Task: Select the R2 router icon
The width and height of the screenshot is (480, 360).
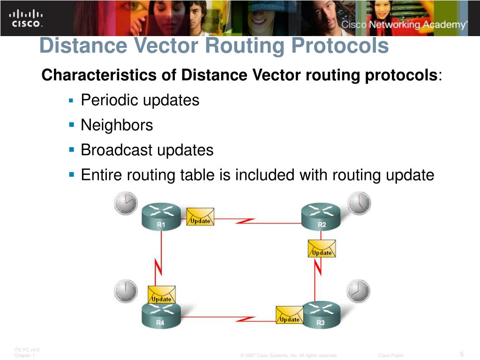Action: (x=322, y=216)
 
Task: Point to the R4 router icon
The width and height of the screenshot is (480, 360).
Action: (x=161, y=315)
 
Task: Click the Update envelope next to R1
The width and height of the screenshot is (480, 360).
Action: (x=200, y=217)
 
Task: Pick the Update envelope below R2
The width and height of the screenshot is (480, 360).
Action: (x=322, y=248)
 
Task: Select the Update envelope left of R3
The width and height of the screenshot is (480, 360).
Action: (x=289, y=315)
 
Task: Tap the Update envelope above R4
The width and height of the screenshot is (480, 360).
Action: (x=161, y=294)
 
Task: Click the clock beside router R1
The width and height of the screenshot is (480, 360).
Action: (x=126, y=203)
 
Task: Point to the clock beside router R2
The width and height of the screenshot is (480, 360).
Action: (x=359, y=203)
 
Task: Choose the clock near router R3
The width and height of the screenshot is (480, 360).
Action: (x=358, y=291)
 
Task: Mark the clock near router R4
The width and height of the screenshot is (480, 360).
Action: (x=126, y=291)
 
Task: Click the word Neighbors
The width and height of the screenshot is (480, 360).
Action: (x=117, y=125)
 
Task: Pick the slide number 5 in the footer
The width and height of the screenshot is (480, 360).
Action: (x=462, y=354)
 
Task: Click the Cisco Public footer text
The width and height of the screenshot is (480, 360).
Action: (x=391, y=355)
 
